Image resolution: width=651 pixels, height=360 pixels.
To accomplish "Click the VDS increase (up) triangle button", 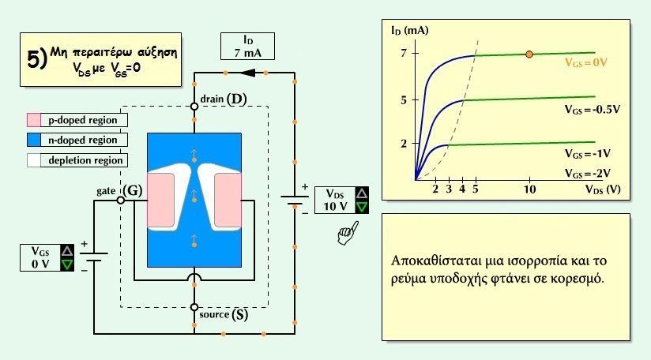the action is click(362, 193).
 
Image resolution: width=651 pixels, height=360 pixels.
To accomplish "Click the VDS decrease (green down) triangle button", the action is click(362, 207).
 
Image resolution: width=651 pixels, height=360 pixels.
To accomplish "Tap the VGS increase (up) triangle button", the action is click(67, 250).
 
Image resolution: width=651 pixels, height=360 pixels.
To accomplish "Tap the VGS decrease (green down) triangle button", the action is click(67, 264).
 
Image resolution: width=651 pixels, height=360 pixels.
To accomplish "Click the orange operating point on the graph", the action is click(529, 54).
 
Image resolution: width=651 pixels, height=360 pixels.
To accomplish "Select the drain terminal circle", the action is click(194, 106).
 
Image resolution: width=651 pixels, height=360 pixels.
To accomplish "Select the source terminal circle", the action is click(194, 307).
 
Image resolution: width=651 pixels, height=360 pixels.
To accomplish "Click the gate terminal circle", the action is click(120, 201).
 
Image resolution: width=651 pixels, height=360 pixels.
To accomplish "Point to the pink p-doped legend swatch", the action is click(34, 120).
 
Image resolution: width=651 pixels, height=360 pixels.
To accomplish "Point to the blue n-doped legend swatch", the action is click(34, 140).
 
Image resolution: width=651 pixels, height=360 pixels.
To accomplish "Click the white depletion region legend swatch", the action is click(34, 160).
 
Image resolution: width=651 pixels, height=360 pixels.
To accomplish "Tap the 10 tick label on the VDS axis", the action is click(529, 189).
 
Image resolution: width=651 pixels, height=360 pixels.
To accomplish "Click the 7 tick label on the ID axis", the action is click(404, 53).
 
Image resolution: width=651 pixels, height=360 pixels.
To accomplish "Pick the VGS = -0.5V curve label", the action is click(592, 109).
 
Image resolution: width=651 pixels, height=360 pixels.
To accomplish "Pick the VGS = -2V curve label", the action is click(588, 174).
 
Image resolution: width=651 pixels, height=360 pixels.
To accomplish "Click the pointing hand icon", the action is click(348, 234).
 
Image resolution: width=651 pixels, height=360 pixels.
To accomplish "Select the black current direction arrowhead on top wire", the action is click(248, 73).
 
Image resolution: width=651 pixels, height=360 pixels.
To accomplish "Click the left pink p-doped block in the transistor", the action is click(160, 201).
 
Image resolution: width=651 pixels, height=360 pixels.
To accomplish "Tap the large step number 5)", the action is click(37, 59).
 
